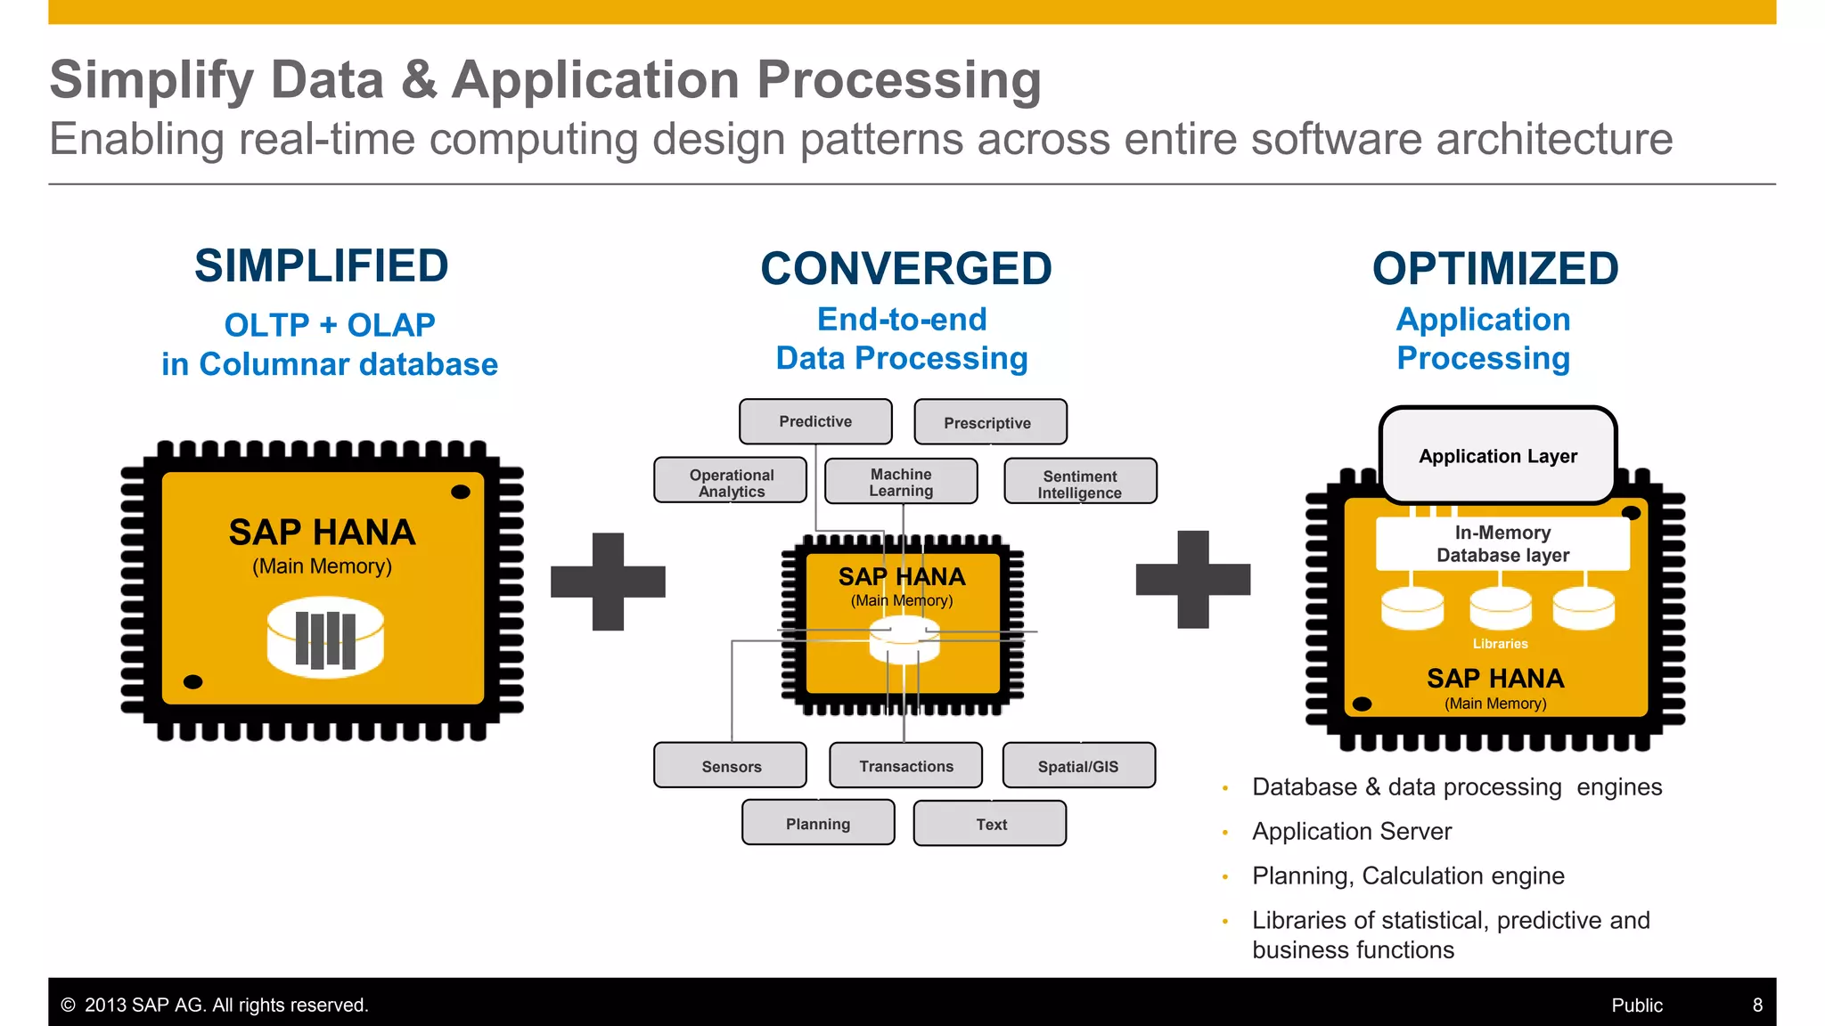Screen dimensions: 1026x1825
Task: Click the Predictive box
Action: tap(815, 421)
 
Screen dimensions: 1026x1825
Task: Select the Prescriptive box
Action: tap(989, 422)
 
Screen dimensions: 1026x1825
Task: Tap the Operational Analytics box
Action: tap(731, 482)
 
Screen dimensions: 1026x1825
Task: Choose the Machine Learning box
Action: tap(901, 482)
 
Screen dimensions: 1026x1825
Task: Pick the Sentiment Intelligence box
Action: tap(1080, 483)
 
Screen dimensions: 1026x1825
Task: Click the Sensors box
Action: tap(731, 766)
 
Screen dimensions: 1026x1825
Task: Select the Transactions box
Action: tap(905, 766)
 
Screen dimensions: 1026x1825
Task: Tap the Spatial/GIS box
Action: tap(1078, 766)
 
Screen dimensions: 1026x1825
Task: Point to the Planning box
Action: tap(818, 823)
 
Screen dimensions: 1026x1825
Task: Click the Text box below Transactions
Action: tap(990, 824)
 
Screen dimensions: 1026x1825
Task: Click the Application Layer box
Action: tap(1498, 456)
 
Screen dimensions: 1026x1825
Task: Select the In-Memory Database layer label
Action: tap(1502, 543)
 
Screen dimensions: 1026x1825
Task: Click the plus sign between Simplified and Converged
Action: tap(608, 582)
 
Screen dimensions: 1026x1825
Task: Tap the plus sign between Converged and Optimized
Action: tap(1193, 579)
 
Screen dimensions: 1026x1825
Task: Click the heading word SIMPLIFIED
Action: tap(322, 266)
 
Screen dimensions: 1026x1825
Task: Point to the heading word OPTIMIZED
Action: tap(1495, 269)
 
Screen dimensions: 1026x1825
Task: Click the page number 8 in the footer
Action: tap(1757, 1005)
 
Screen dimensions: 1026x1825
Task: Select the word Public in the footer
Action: tap(1636, 1005)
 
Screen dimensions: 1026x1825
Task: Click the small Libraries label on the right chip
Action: tap(1500, 643)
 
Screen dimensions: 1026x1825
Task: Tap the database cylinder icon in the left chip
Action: tap(325, 638)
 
